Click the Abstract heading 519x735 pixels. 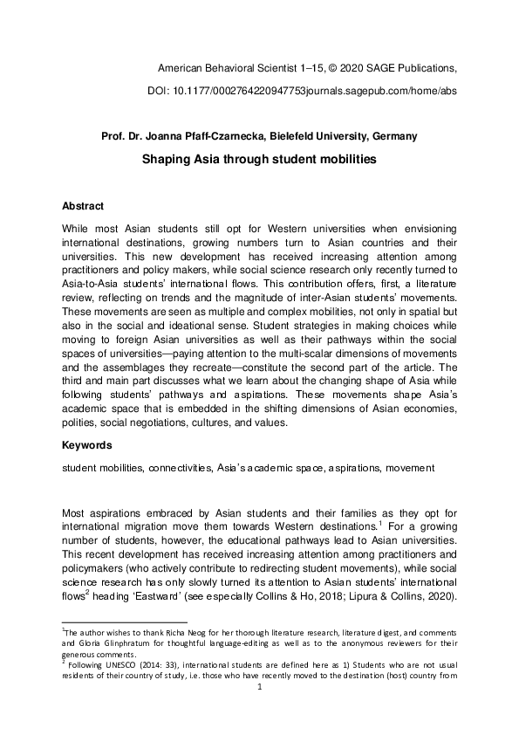[83, 206]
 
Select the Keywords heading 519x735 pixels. [86, 444]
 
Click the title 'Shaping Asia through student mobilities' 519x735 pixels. [260, 161]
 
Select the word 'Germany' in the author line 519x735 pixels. [394, 135]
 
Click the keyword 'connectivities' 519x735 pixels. [175, 468]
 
